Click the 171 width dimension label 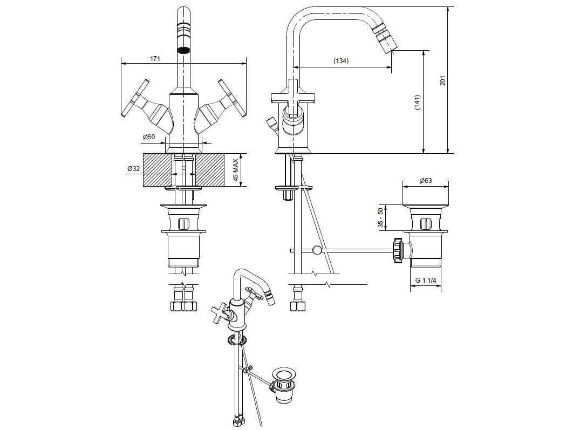(155, 58)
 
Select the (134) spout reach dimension (340, 61)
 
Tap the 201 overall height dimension (442, 80)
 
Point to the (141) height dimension (417, 103)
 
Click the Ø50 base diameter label (149, 137)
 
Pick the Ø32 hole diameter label (133, 169)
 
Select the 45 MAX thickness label (235, 170)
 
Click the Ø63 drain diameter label (425, 181)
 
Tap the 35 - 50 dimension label (381, 218)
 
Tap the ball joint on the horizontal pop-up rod (317, 250)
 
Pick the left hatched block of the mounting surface (157, 170)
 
